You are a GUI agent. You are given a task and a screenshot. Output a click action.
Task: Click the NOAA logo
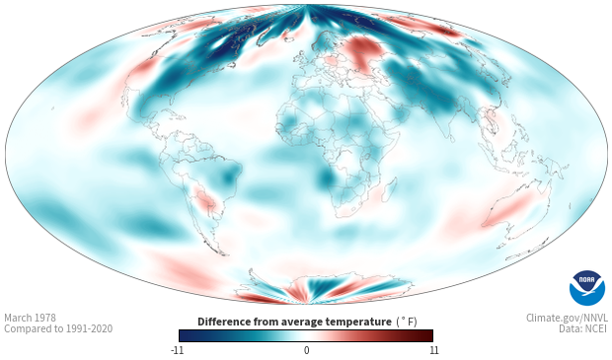[x=587, y=288]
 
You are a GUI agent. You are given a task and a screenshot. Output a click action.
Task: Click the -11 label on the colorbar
[x=177, y=350]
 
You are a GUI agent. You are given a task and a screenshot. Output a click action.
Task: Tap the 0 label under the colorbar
[x=306, y=350]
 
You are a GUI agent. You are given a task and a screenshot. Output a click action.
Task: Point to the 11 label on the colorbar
[x=433, y=350]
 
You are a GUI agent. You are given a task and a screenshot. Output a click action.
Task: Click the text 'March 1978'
[x=30, y=318]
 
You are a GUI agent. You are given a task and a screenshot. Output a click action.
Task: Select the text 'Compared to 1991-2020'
[x=58, y=328]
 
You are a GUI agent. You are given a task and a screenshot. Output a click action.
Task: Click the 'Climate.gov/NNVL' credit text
[x=567, y=318]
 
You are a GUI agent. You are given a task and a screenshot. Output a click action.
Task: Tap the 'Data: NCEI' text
[x=583, y=328]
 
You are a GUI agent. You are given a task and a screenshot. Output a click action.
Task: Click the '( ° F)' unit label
[x=407, y=323]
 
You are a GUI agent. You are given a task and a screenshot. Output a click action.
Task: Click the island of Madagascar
[x=389, y=188]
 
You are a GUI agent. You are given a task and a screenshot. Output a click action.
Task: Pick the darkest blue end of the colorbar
[x=183, y=335]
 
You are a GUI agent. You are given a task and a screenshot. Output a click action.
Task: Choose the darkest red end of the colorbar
[x=429, y=335]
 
